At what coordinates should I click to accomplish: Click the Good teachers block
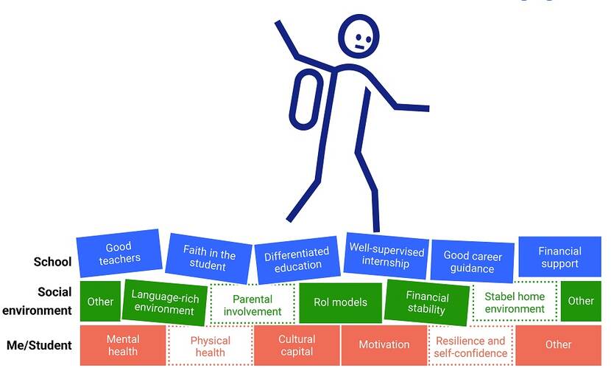pos(119,253)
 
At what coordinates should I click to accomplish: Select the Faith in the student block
pos(208,258)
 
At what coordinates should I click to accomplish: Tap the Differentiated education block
pos(297,260)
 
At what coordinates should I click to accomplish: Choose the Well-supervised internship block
pos(386,256)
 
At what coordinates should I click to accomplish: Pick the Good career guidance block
pos(473,262)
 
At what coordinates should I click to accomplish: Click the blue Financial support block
pos(559,257)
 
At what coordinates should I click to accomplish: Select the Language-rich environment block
pos(164,302)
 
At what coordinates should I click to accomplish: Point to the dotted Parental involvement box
pos(252,305)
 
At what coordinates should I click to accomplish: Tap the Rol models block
pos(340,302)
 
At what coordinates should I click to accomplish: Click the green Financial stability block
pos(427,302)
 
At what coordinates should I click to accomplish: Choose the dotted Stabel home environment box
pos(515,302)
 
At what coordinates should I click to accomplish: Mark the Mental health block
pos(123,345)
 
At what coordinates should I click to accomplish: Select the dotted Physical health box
pos(210,346)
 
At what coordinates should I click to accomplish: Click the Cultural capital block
pos(297,345)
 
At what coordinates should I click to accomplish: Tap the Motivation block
pos(384,345)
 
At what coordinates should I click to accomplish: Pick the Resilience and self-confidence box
pos(470,346)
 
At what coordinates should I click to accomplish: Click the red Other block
pos(559,345)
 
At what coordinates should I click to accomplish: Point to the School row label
pos(52,262)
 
